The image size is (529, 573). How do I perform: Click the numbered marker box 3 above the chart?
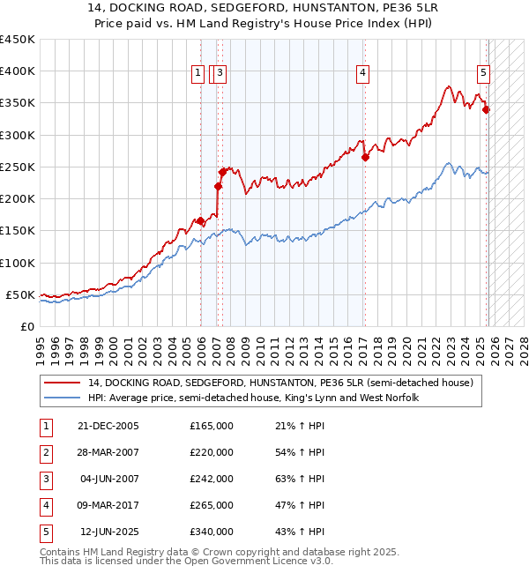coord(220,73)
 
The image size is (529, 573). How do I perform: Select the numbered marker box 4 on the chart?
coord(362,73)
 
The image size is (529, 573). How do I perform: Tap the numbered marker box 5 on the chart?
coord(483,73)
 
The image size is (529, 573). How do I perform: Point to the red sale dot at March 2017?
coord(365,158)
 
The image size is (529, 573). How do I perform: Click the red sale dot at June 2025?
coord(486,110)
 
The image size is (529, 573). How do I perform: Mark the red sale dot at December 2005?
coord(200,221)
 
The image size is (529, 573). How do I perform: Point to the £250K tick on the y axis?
coord(18,167)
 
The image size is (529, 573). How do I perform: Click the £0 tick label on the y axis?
coord(26,326)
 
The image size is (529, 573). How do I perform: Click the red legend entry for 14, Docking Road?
coord(280,383)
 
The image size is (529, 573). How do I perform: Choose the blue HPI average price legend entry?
coord(252,398)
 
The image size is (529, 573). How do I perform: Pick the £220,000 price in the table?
coord(212,452)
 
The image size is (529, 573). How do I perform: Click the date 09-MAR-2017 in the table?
coord(107,505)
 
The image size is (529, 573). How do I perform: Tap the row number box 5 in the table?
coord(45,532)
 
